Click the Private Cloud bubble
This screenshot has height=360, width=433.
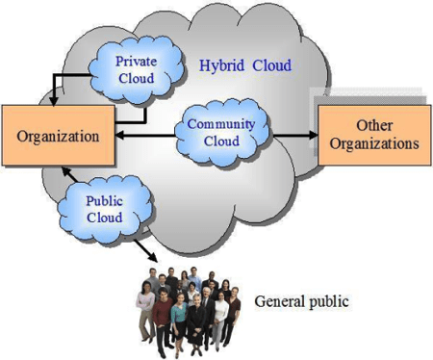(x=137, y=70)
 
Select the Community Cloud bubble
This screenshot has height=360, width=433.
(x=222, y=133)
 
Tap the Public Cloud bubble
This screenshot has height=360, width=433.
(x=105, y=209)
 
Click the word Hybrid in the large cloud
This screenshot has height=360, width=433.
(x=221, y=65)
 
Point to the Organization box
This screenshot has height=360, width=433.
(x=59, y=136)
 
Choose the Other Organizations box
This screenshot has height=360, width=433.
(x=374, y=135)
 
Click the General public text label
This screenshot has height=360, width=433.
(x=301, y=301)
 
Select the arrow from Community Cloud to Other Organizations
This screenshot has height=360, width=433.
(x=294, y=135)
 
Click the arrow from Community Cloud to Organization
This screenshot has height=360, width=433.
(x=145, y=136)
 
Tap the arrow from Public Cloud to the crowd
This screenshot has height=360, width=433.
(x=145, y=251)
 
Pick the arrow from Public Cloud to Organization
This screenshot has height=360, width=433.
(x=70, y=175)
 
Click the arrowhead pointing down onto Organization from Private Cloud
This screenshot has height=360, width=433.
(x=54, y=101)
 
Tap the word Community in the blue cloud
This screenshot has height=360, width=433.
(x=221, y=124)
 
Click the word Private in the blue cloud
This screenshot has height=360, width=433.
(x=136, y=62)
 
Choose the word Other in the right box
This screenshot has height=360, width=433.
(x=374, y=125)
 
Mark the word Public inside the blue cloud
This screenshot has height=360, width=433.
(x=105, y=201)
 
